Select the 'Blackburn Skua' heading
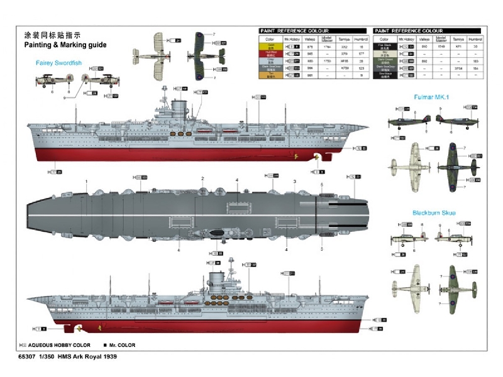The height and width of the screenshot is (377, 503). [433, 212]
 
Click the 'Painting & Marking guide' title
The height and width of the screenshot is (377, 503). [65, 45]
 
